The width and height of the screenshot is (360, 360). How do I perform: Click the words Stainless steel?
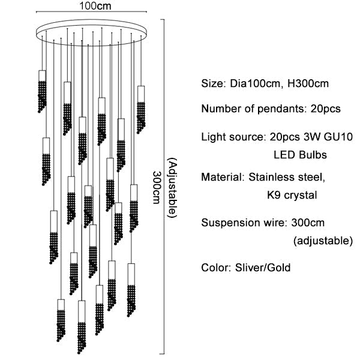(287, 178)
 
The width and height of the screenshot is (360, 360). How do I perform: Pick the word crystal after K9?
(300, 195)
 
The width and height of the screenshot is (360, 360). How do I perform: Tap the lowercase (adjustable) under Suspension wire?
(322, 241)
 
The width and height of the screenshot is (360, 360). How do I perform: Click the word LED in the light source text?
(284, 155)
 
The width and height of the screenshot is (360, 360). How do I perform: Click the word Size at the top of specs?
(211, 83)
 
